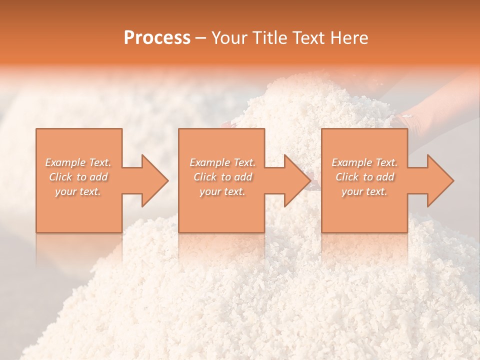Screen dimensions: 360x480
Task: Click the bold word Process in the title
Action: tap(157, 38)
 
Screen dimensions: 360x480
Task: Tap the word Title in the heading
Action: tap(267, 38)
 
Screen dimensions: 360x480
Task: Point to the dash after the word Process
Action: tap(201, 38)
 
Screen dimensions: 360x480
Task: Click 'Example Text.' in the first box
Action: tap(78, 162)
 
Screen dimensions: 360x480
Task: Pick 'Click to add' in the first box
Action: tap(78, 177)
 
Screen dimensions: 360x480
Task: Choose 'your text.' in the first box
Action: tap(78, 191)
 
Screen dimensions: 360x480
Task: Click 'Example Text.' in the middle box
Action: tap(222, 162)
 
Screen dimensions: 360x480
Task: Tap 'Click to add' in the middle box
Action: tap(222, 177)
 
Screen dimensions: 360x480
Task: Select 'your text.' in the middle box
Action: tap(222, 191)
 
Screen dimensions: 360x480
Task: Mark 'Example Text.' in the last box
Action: tap(364, 162)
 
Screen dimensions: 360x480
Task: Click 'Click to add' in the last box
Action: tap(364, 177)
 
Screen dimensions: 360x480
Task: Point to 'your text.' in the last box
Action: tap(364, 191)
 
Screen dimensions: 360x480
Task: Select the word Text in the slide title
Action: tap(307, 38)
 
